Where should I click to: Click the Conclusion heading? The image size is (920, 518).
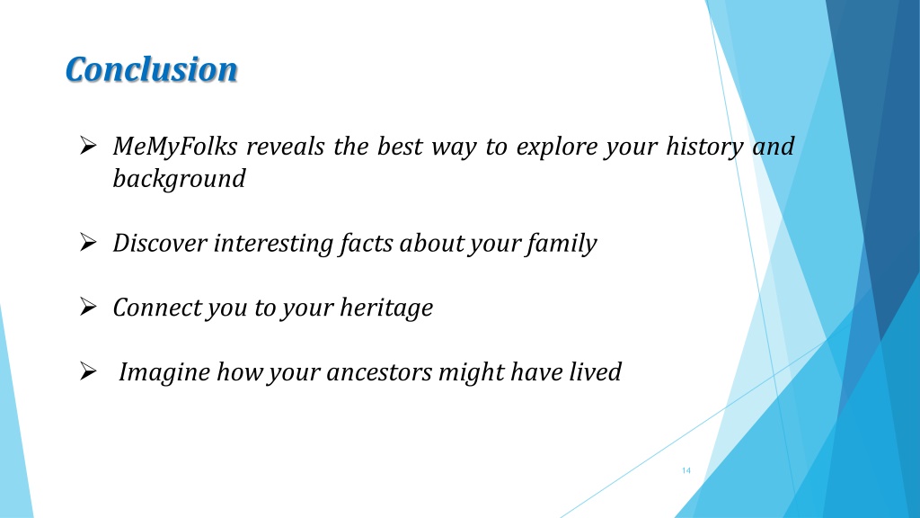coord(152,69)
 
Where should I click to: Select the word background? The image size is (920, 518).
coord(179,178)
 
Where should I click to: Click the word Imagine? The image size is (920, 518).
coord(162,371)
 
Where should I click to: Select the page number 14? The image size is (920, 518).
coord(686,471)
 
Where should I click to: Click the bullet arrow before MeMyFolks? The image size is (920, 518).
coord(88,146)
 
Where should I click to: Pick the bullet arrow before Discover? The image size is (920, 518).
coord(88,243)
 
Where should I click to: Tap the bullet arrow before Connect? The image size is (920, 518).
coord(88,308)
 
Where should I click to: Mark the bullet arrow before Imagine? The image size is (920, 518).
coord(88,371)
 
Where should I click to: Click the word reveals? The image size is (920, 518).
coord(284,147)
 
